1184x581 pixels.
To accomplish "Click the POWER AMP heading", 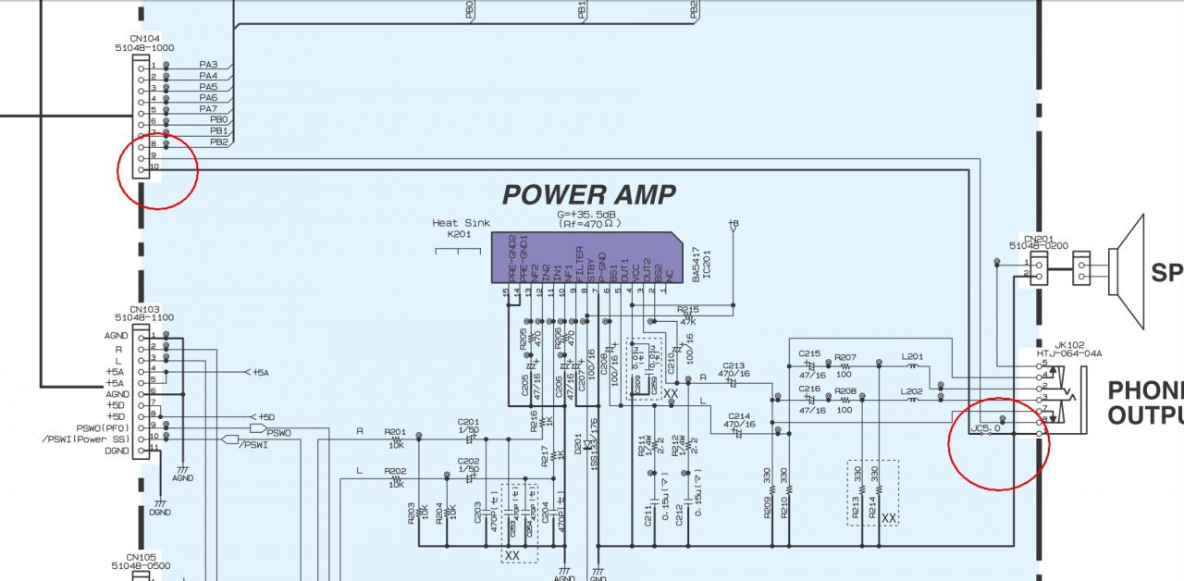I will click(x=588, y=195).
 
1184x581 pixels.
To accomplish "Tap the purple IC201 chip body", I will click(x=592, y=257).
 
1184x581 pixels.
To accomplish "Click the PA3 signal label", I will click(x=208, y=65).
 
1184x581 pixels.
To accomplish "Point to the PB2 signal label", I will click(x=218, y=142).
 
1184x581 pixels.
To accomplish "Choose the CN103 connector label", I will click(x=144, y=310).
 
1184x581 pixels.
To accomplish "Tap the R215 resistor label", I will click(x=687, y=311).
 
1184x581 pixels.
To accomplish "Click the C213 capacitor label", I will click(x=734, y=365).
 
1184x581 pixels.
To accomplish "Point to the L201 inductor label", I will click(x=912, y=356).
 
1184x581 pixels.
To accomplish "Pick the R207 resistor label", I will click(x=845, y=356).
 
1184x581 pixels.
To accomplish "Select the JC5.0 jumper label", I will click(x=985, y=428).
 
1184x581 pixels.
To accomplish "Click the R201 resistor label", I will click(x=395, y=431).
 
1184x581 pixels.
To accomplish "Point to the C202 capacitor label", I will click(x=468, y=461).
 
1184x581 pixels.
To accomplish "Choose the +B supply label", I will click(x=734, y=223).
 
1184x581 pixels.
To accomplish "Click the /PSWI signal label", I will click(x=252, y=445).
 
